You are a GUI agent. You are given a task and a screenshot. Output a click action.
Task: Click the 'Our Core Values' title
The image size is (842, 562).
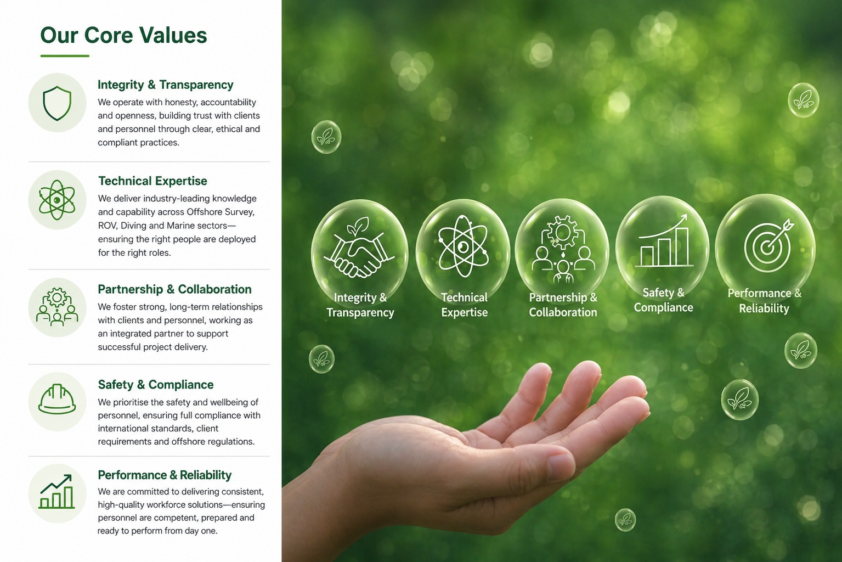pos(123,36)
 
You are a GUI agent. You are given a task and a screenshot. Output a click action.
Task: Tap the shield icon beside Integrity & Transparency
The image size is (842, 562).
pos(57,103)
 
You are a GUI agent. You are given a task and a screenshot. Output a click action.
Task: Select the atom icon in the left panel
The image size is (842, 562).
pos(57,200)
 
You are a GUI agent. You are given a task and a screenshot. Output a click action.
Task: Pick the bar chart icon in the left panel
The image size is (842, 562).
pos(56,491)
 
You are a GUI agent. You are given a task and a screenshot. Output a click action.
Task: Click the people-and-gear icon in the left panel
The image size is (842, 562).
pos(57,307)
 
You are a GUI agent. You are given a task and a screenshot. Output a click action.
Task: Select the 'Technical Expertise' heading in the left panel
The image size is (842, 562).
pos(152,181)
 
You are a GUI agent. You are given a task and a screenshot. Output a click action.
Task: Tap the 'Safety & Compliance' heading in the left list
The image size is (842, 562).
pos(156,384)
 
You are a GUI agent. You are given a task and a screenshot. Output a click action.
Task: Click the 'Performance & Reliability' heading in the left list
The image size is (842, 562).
pos(165,475)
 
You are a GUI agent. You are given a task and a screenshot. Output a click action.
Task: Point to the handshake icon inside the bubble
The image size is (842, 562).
pos(360,249)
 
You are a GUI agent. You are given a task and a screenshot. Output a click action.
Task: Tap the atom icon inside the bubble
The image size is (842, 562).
pos(463,246)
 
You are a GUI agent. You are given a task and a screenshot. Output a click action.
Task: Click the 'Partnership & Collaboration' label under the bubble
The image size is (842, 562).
pos(563,305)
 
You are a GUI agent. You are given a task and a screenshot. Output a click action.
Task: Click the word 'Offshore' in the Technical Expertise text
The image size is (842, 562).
pos(204,212)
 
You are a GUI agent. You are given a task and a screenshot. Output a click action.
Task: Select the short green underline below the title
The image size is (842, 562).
pos(65,56)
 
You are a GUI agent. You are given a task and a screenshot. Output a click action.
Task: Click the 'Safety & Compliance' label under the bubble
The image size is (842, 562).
pos(663,300)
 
